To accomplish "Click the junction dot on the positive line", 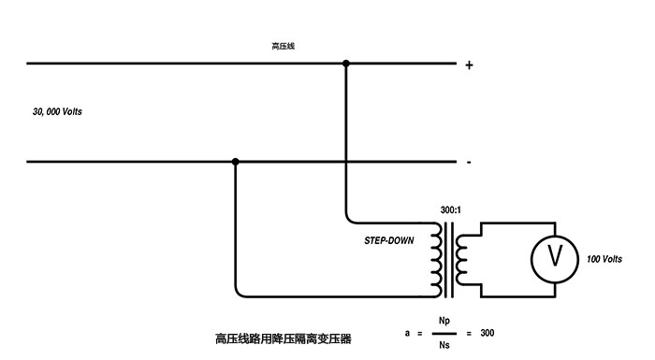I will [346, 64].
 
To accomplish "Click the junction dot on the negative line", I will [236, 162].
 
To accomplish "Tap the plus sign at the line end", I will [469, 65].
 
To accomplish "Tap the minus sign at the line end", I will [468, 163].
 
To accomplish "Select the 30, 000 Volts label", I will [57, 112].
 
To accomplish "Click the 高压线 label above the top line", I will [283, 45].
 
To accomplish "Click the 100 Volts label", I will [604, 259].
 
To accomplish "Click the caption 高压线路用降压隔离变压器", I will [284, 338].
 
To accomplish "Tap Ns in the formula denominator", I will [444, 345].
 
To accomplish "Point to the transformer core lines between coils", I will [450, 255].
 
